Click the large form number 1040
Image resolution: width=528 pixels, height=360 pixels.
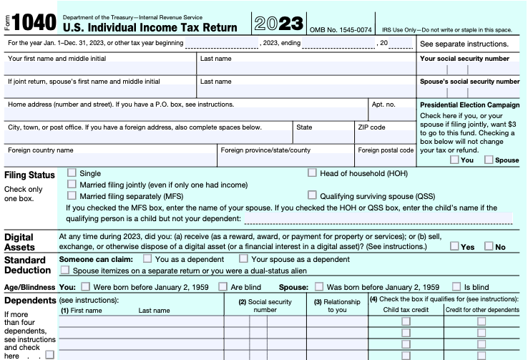pos(34,22)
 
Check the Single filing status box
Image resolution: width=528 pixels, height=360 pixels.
pos(72,172)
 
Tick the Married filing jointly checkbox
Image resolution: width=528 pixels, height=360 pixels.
pos(72,184)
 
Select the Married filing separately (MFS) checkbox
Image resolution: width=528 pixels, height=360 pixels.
pos(72,195)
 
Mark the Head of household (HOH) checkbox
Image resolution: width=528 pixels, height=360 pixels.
pos(313,172)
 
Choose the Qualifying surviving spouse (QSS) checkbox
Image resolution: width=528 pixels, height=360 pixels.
pos(313,195)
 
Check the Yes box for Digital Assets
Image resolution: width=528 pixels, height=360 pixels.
pos(455,246)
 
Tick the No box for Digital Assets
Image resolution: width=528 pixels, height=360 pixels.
pos(489,246)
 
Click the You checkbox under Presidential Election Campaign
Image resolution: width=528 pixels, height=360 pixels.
pos(455,160)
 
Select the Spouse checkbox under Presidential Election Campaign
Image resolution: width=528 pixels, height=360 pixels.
pos(489,160)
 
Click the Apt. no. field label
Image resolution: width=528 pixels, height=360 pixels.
pos(383,104)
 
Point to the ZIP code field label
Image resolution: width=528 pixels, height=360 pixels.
pos(372,127)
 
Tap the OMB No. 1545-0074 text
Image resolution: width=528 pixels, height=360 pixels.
pos(341,29)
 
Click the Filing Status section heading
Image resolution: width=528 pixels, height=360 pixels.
pos(29,175)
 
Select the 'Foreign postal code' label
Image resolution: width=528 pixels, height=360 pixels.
pos(386,150)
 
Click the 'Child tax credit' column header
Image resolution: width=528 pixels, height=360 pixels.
pos(405,309)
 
